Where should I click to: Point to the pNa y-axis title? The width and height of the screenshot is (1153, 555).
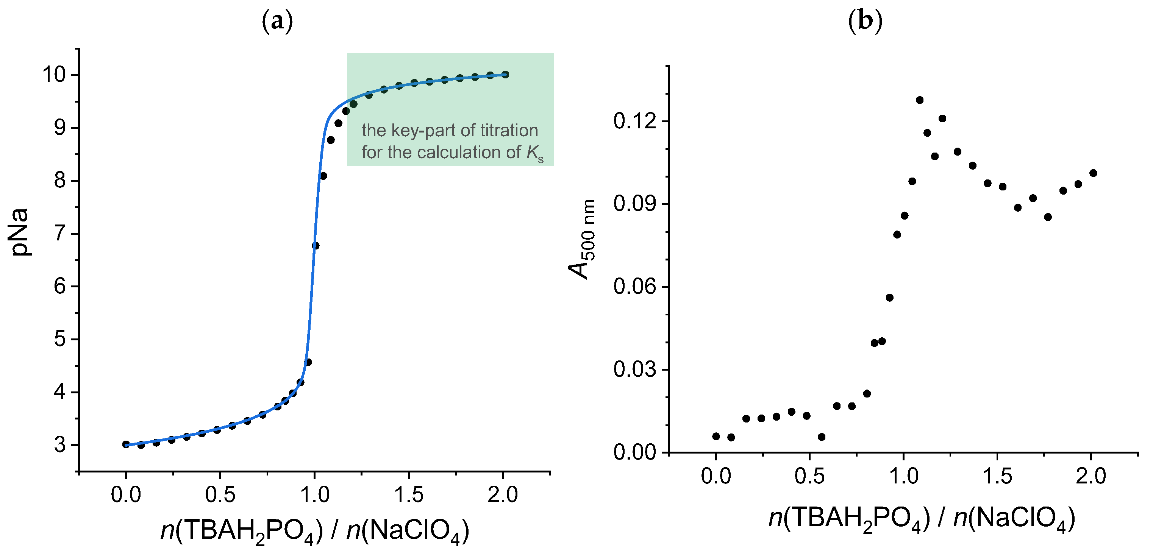pyautogui.click(x=20, y=232)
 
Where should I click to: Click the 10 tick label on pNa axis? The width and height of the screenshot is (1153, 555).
pyautogui.click(x=54, y=74)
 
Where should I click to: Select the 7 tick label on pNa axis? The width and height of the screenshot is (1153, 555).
pyautogui.click(x=61, y=234)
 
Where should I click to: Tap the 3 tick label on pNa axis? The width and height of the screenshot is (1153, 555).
pyautogui.click(x=61, y=445)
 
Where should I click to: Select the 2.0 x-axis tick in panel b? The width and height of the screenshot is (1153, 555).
pyautogui.click(x=1091, y=476)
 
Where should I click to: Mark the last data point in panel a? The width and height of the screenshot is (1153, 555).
pyautogui.click(x=505, y=75)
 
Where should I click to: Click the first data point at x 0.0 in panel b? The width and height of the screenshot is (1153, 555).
pyautogui.click(x=716, y=436)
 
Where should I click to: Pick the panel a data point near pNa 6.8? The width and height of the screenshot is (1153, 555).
pyautogui.click(x=315, y=246)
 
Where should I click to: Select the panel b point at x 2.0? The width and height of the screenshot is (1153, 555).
pyautogui.click(x=1092, y=173)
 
